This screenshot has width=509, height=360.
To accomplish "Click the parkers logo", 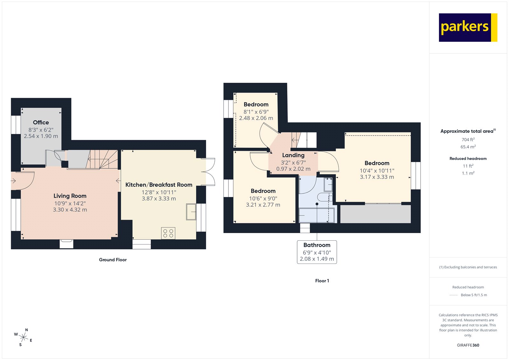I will tap(468, 27).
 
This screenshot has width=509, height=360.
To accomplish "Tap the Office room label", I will tap(41, 123).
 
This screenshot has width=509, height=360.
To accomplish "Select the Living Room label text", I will tap(70, 196).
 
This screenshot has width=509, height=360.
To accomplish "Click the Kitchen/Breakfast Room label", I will tap(159, 185).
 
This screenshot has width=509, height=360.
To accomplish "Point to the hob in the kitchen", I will tap(168, 233).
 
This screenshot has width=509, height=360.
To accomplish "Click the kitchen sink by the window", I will tap(191, 212).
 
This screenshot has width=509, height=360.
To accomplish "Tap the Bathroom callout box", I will tap(317, 252).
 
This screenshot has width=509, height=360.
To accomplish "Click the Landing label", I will tap(293, 155).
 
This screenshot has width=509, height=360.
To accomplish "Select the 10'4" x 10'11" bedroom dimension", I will tap(377, 171).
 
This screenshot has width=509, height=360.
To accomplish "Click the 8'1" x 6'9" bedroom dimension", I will tap(256, 112).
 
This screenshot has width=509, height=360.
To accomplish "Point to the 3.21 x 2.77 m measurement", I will tap(263, 205).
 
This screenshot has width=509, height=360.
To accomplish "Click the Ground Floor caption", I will tap(113, 260).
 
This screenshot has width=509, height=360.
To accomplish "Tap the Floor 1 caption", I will tap(322, 281).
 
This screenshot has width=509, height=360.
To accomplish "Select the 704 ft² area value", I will tap(468, 140).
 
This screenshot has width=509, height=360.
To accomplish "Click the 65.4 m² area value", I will tap(468, 147).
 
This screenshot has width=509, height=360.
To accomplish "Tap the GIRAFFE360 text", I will tap(468, 345).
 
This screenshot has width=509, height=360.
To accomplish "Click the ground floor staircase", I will tap(102, 159).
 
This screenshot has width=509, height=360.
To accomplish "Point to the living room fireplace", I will tap(66, 244).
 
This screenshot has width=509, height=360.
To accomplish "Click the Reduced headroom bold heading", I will tap(468, 159).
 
